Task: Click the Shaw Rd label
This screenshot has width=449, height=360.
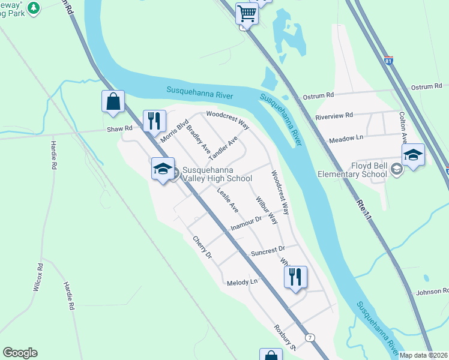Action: coord(119,128)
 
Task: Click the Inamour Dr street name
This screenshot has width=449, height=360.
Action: coord(247,224)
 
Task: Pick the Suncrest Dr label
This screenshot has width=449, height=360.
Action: coord(268,249)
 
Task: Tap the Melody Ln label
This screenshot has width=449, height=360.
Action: coord(242,282)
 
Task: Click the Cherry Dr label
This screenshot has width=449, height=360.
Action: coord(202,247)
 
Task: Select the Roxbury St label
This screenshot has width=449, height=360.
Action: coord(285,338)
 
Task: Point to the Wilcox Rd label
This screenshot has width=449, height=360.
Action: coord(40,277)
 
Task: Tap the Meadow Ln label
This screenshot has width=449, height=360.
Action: coord(346,139)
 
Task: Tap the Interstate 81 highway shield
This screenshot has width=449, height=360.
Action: coord(389,61)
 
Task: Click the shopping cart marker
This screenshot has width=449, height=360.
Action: coord(247,13)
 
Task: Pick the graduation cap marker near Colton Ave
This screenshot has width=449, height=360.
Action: coord(413,155)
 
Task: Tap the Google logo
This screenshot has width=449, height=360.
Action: coord(20,353)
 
